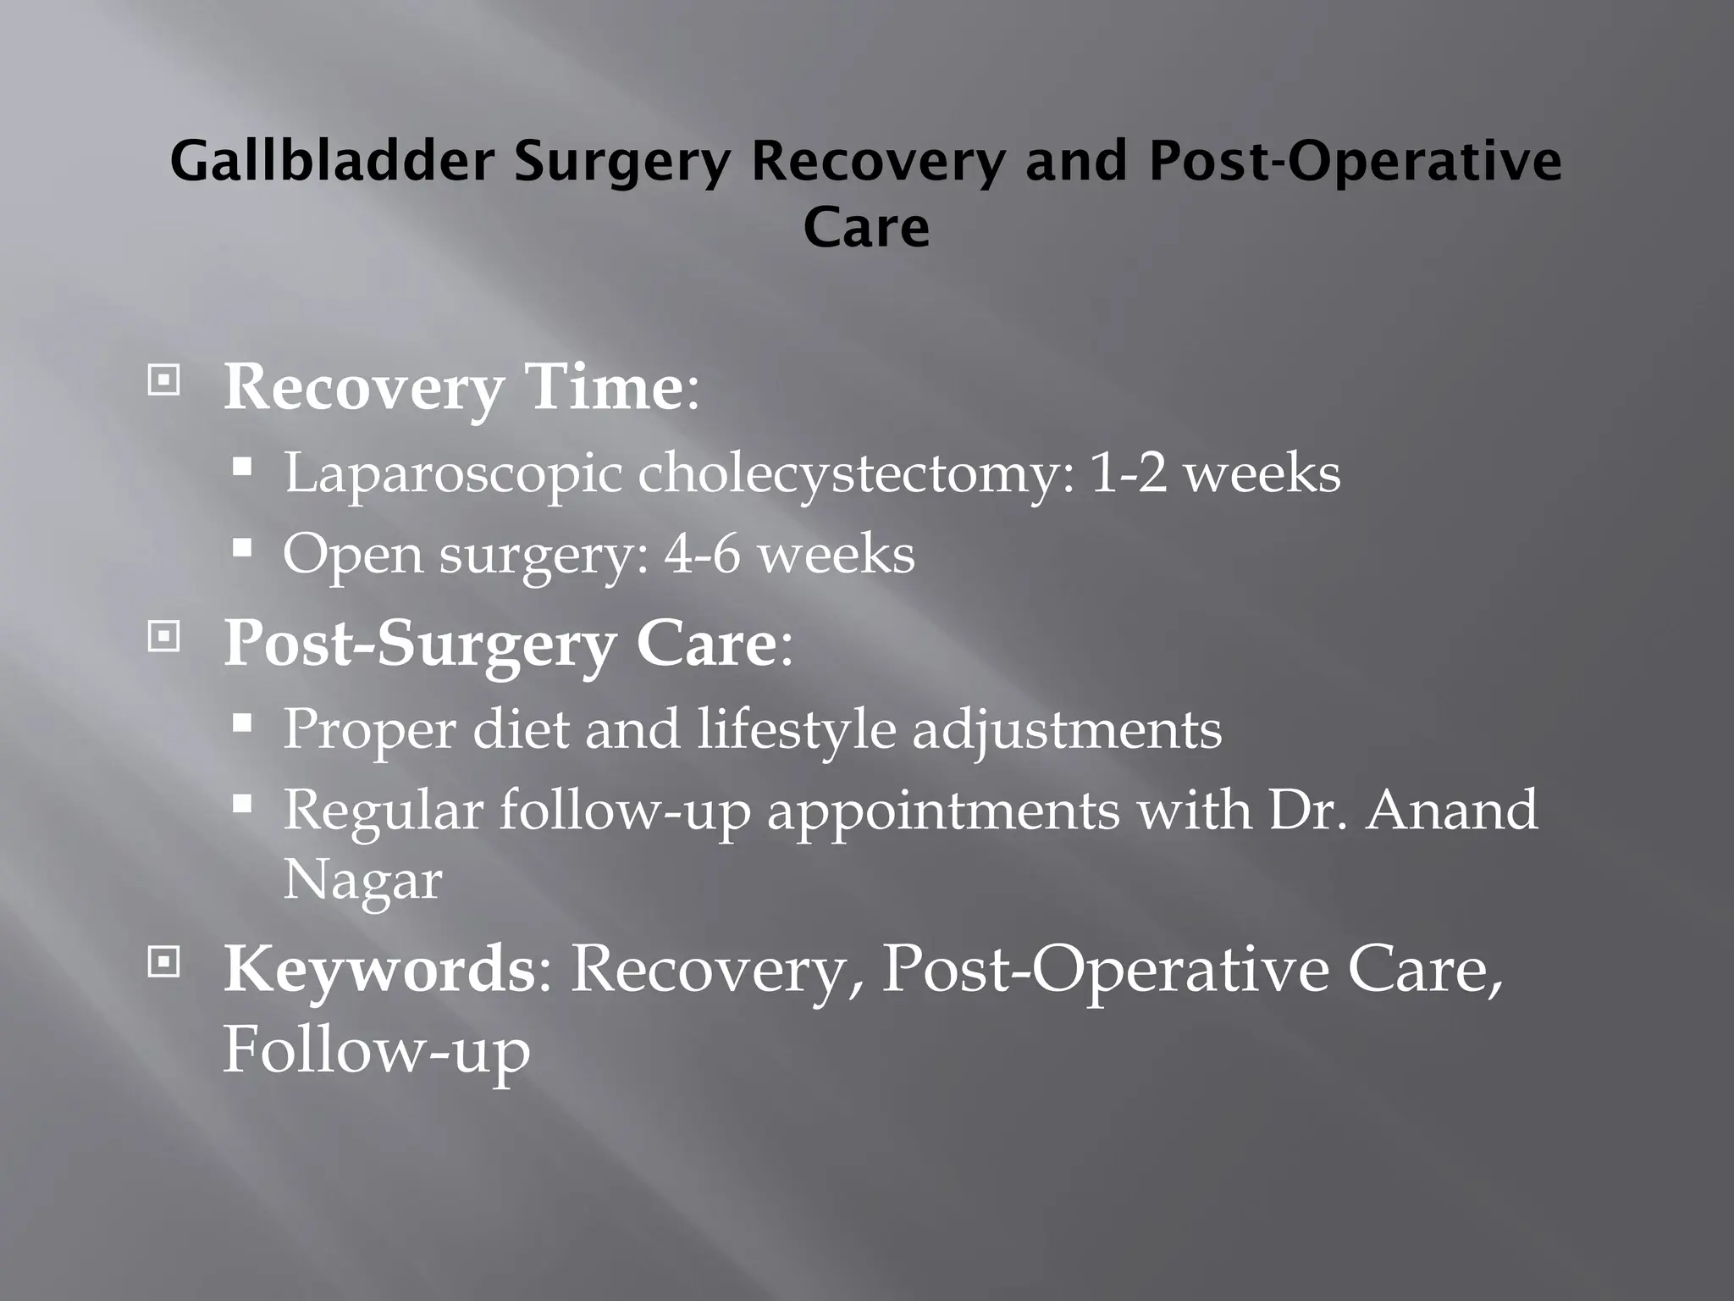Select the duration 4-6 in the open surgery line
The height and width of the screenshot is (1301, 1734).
tap(702, 555)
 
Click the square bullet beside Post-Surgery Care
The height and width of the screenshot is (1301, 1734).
tap(163, 636)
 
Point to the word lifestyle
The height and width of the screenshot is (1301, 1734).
tap(796, 728)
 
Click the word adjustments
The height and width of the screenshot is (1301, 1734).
tap(1067, 728)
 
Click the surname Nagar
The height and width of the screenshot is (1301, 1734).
tap(362, 881)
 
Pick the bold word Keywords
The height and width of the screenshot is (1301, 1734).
tap(378, 969)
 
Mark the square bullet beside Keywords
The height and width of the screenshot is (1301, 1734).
tap(163, 961)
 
